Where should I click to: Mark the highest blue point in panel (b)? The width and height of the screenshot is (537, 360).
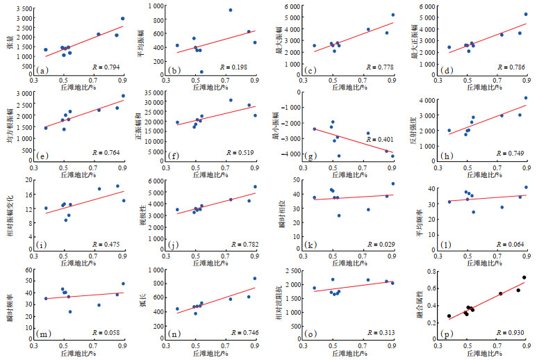pyautogui.click(x=231, y=10)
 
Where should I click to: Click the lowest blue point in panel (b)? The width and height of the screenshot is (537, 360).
pyautogui.click(x=201, y=72)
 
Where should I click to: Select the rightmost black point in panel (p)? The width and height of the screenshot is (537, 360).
pyautogui.click(x=524, y=278)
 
